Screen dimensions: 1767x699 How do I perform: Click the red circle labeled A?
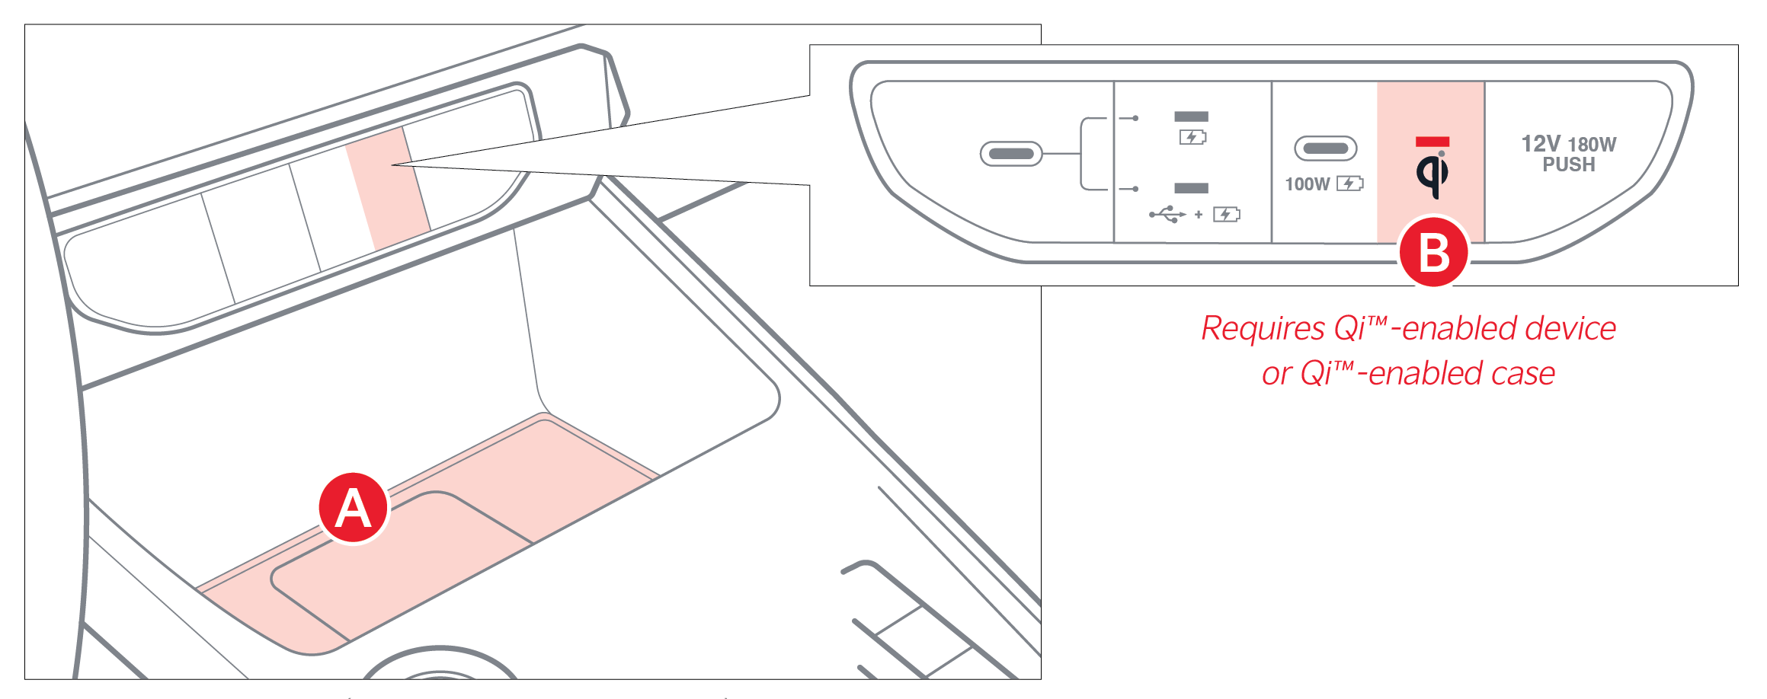pyautogui.click(x=354, y=508)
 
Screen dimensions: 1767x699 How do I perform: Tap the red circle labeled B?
pyautogui.click(x=1434, y=252)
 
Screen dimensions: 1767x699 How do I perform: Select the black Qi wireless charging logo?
pyautogui.click(x=1432, y=174)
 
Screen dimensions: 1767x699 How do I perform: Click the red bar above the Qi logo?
pyautogui.click(x=1432, y=142)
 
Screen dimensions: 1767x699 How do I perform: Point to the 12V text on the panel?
pyautogui.click(x=1541, y=144)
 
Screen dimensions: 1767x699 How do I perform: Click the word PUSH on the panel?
pyautogui.click(x=1569, y=164)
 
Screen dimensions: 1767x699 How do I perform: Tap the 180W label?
pyautogui.click(x=1593, y=145)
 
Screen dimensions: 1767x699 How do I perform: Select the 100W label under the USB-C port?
pyautogui.click(x=1307, y=184)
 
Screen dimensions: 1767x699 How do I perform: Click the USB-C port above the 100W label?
pyautogui.click(x=1326, y=148)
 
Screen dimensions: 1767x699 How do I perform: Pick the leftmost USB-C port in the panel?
pyautogui.click(x=1010, y=154)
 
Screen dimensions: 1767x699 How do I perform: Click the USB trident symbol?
pyautogui.click(x=1167, y=215)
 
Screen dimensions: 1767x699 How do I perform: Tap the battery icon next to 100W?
pyautogui.click(x=1350, y=184)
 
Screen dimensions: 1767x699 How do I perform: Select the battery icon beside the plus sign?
pyautogui.click(x=1227, y=215)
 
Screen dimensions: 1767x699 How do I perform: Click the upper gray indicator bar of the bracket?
pyautogui.click(x=1192, y=116)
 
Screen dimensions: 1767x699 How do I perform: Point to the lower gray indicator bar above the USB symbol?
pyautogui.click(x=1192, y=188)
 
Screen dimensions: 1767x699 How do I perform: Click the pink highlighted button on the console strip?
pyautogui.click(x=389, y=188)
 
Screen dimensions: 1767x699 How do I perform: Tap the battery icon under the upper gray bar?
pyautogui.click(x=1192, y=137)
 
